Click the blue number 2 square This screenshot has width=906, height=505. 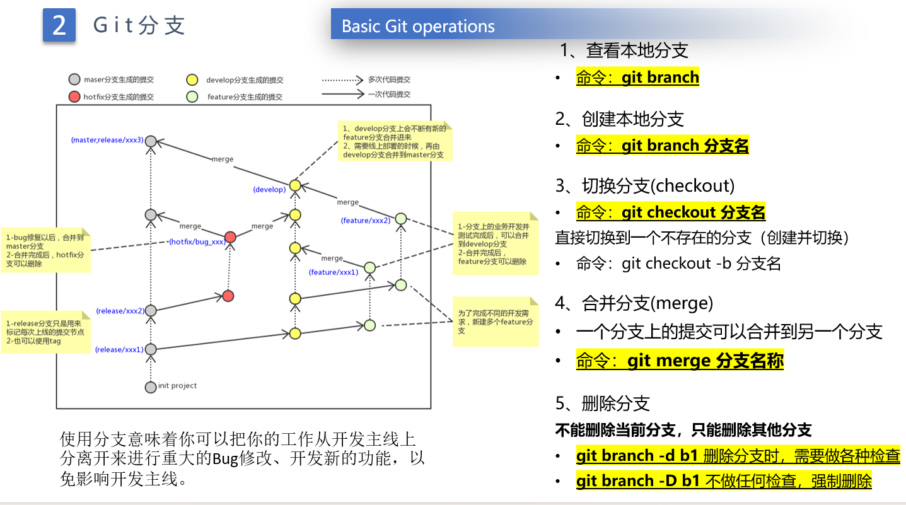coord(59,25)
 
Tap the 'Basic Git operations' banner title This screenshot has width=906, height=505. coord(418,26)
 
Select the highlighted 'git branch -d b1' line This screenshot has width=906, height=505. coord(738,456)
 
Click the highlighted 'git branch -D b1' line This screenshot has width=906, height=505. coord(724,481)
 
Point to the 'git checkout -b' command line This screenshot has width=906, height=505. coord(678,263)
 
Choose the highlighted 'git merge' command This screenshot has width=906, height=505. coord(680,361)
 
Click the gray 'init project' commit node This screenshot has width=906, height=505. coord(150,387)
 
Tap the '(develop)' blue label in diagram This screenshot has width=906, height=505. coord(269,189)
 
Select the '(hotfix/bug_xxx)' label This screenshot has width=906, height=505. coord(197,241)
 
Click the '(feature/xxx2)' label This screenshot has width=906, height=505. coord(366,220)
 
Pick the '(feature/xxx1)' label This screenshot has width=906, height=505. coord(334,272)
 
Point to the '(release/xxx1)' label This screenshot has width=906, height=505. coord(119,349)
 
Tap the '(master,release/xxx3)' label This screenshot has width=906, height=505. coord(107,139)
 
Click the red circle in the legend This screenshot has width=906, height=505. coord(74,96)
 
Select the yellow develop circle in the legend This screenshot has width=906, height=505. coord(192,80)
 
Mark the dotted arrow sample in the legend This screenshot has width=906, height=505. coord(343,80)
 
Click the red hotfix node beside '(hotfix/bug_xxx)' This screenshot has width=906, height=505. coord(231,237)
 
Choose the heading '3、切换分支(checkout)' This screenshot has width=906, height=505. coord(644,185)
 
